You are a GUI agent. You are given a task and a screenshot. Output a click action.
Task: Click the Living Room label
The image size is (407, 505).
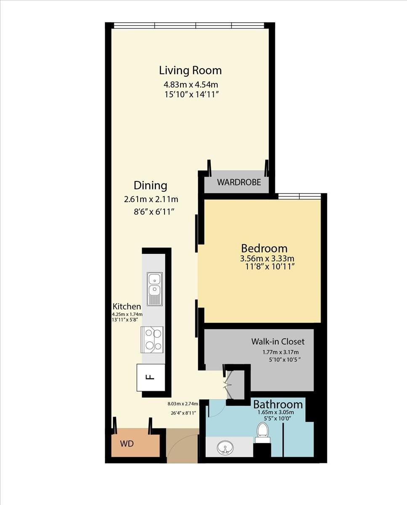tap(190, 70)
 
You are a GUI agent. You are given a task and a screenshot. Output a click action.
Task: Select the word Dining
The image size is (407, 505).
tap(150, 186)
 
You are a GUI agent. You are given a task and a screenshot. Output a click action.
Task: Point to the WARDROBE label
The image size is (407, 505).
tap(239, 182)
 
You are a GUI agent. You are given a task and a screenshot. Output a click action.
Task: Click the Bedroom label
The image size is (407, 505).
tap(264, 248)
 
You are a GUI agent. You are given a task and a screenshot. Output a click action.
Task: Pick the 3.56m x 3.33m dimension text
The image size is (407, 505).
tap(267, 258)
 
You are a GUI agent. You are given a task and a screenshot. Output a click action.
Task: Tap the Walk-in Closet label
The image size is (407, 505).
tap(278, 341)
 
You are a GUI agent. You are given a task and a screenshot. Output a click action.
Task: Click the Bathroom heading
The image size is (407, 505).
tap(278, 404)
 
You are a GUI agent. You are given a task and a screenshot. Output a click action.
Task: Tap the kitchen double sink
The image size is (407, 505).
tap(155, 289)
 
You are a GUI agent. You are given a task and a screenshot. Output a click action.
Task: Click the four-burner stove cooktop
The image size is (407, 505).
tap(152, 340)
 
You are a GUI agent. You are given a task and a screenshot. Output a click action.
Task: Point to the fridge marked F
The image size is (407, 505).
tap(151, 377)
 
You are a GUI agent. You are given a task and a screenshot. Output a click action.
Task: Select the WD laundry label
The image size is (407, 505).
tap(127, 443)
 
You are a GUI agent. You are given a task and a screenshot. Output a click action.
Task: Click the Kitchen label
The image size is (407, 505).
tap(127, 306)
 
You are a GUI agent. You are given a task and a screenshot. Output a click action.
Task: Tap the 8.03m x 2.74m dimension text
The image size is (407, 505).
tap(183, 404)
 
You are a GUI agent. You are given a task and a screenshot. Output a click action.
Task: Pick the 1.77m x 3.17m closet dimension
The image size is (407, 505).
tap(280, 352)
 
